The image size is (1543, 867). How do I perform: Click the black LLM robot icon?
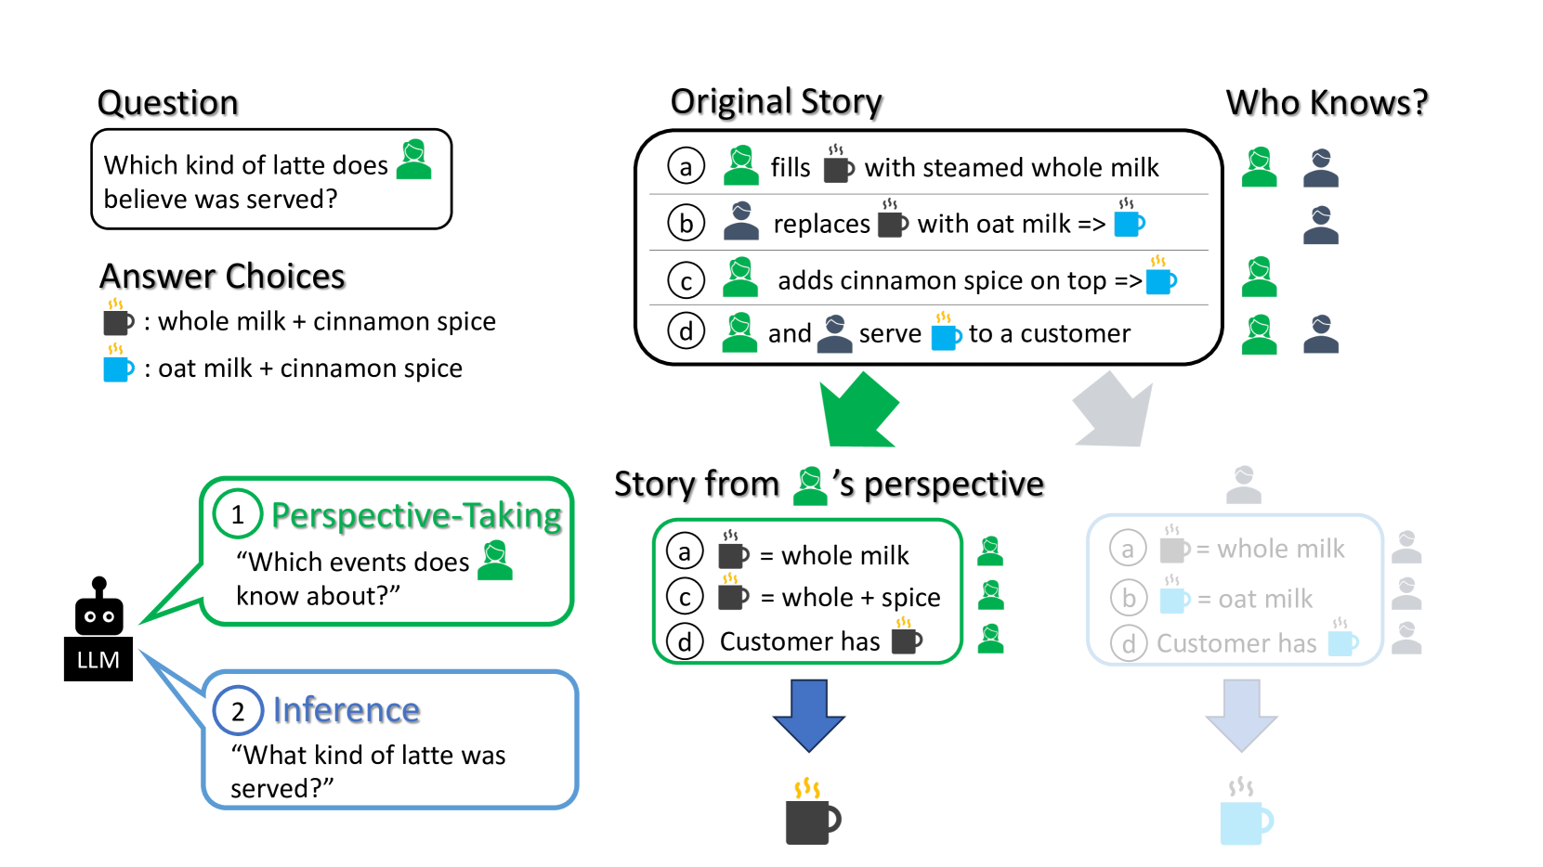98,609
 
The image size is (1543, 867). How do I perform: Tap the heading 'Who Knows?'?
1326,103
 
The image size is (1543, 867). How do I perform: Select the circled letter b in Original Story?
686,224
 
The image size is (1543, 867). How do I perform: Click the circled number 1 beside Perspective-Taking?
238,514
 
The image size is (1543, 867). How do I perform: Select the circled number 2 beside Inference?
238,711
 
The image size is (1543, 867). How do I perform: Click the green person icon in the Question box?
414,160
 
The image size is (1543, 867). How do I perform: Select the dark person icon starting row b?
740,222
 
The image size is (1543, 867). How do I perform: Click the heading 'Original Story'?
776,102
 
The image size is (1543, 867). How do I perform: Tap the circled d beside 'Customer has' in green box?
685,641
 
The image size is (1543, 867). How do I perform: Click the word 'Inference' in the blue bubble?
347,710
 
